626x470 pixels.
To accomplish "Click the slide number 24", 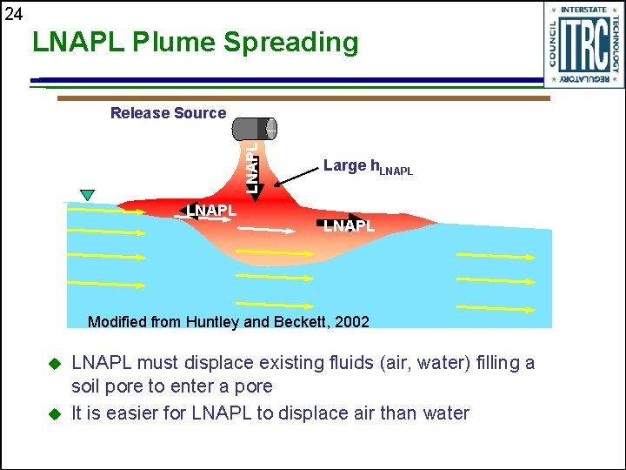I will click(x=13, y=13).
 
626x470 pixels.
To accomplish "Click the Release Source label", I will click(x=168, y=113).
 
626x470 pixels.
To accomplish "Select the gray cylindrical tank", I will click(x=255, y=129).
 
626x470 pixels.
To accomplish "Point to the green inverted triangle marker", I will click(x=87, y=194).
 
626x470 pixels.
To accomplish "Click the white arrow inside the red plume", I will click(x=266, y=229).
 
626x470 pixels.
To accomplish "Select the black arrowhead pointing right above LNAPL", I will click(x=356, y=219).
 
